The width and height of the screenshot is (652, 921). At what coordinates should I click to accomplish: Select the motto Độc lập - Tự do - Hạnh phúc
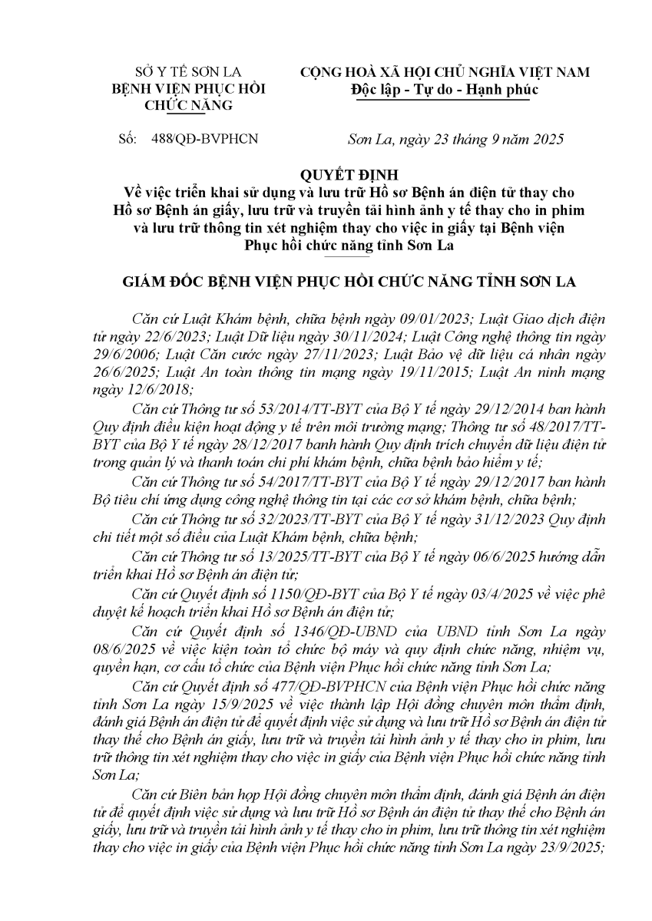444,89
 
